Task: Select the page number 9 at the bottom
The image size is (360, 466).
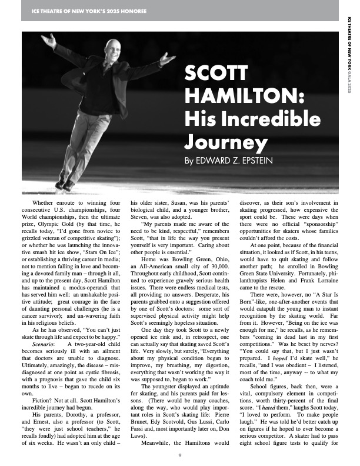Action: (x=179, y=455)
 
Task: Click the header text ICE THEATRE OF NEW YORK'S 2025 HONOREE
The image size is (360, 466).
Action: (x=80, y=10)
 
